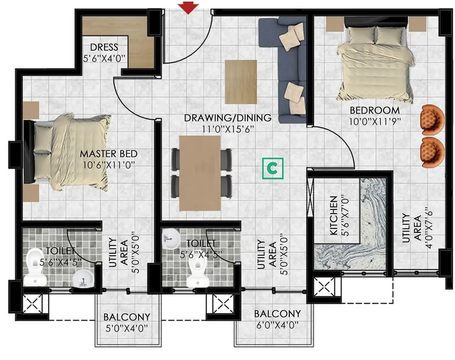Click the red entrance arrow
pos(188,8)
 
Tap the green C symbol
pos(272,168)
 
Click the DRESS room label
pos(104,47)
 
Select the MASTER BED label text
pos(108,154)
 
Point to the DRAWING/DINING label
pos(228,118)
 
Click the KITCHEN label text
pos(334,215)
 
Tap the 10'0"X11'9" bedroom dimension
pos(375,121)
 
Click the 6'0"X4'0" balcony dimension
pos(277,324)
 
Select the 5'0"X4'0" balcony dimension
pos(127,328)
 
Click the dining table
pos(200,173)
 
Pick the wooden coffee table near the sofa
pos(241,82)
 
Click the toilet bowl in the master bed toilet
pos(35,267)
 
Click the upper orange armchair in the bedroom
pos(432,120)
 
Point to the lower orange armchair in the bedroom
pos(432,153)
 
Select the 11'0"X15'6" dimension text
pos(228,129)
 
